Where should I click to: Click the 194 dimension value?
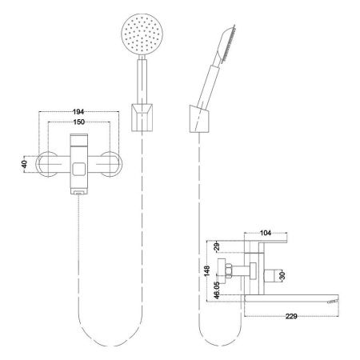[x=78, y=112]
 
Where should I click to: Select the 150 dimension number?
[x=79, y=122]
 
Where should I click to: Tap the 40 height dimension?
[x=25, y=164]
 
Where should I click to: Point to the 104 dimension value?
[x=266, y=233]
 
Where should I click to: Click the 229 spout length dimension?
[x=291, y=316]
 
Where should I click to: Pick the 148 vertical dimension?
[x=207, y=271]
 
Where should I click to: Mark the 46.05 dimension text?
[x=217, y=290]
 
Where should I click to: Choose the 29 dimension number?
[x=217, y=246]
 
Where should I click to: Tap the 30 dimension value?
[x=282, y=276]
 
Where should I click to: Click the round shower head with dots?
[x=142, y=34]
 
